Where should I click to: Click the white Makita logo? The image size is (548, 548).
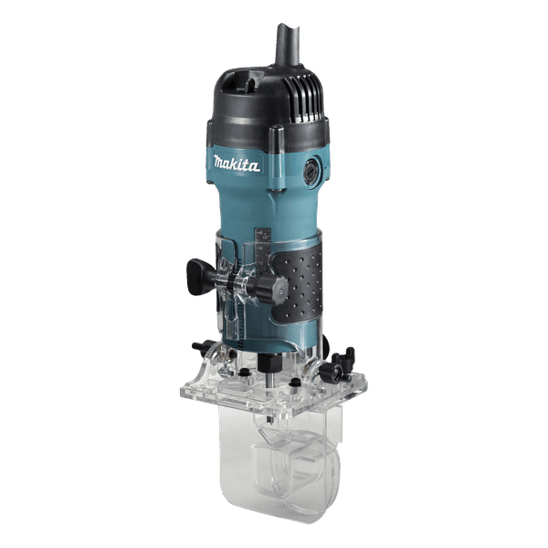pyautogui.click(x=237, y=163)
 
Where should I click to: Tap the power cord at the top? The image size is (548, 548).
pyautogui.click(x=289, y=45)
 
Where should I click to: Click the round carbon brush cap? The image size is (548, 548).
pyautogui.click(x=311, y=170)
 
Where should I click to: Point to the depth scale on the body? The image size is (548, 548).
pyautogui.click(x=263, y=252)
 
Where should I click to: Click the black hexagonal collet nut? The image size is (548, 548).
pyautogui.click(x=269, y=363)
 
